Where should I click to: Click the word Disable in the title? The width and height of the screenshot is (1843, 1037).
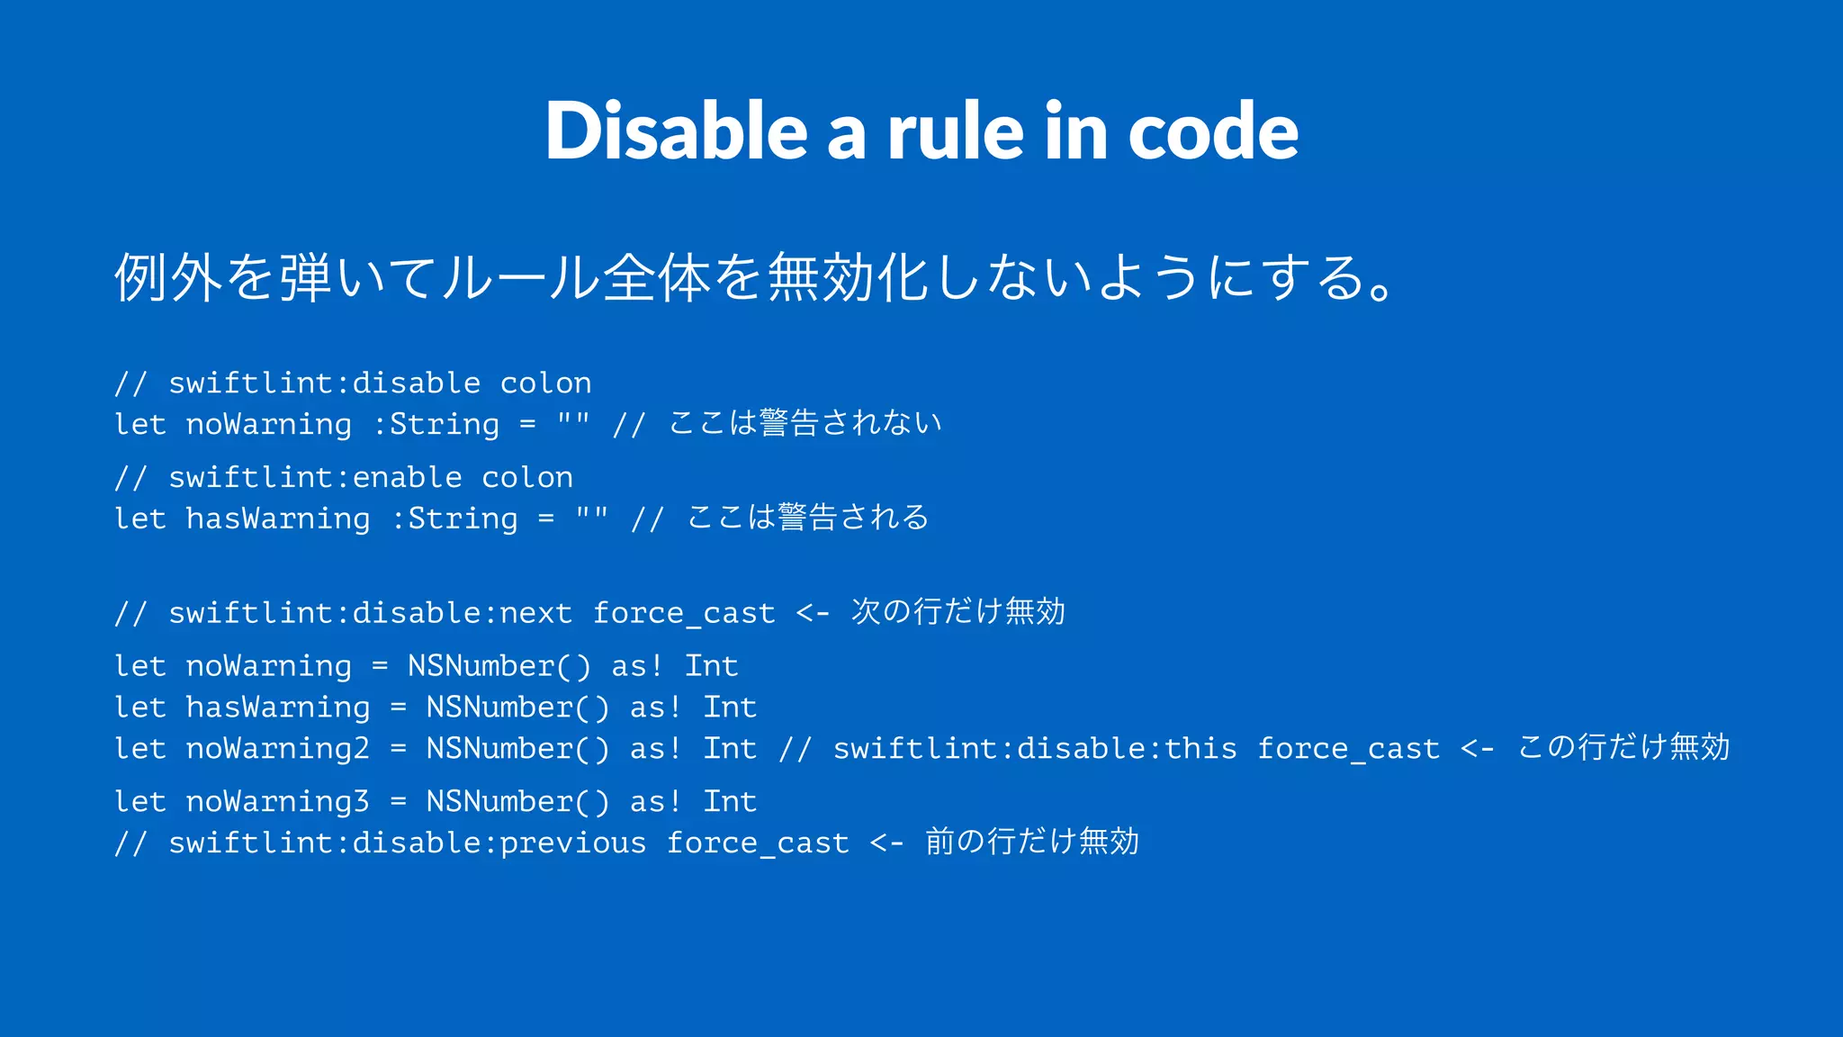coord(676,131)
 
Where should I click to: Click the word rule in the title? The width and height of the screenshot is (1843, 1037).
coord(955,131)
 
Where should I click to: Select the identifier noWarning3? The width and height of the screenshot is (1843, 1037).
coord(277,801)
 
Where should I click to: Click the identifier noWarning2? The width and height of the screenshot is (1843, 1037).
coord(277,748)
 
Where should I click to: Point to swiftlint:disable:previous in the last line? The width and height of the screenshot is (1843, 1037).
coord(407,843)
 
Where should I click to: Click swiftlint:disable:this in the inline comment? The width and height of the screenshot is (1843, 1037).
coord(1035,748)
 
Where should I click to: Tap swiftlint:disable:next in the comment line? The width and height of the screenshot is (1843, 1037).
coord(370,613)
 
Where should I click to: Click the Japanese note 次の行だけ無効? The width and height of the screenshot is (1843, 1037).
coord(957,611)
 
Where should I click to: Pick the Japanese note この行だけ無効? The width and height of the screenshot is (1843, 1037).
coord(1623,747)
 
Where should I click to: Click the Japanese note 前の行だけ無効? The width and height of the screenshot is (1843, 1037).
coord(1031,841)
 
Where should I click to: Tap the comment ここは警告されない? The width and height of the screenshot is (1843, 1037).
coord(805,422)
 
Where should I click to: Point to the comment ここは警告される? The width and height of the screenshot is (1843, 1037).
coord(807,517)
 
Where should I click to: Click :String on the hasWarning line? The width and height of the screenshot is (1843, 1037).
coord(454,518)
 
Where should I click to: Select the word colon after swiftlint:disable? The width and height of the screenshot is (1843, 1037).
coord(545,383)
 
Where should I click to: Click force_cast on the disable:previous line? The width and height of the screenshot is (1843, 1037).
coord(758,843)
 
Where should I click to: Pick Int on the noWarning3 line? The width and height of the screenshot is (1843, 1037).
coord(729,801)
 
